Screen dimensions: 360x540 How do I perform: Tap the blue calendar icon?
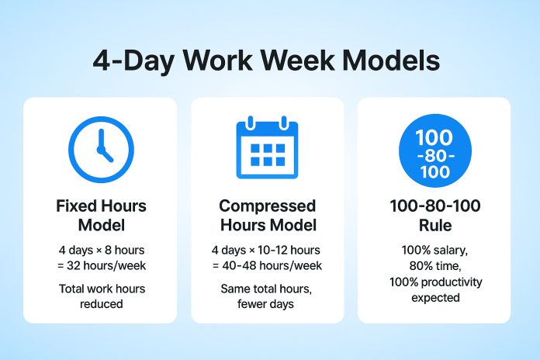pyautogui.click(x=267, y=144)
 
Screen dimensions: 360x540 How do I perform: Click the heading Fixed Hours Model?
pyautogui.click(x=100, y=216)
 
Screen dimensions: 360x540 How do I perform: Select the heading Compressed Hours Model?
pyautogui.click(x=267, y=216)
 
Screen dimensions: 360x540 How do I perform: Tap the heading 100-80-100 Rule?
pyautogui.click(x=434, y=216)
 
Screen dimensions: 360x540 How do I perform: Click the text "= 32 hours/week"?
pyautogui.click(x=100, y=266)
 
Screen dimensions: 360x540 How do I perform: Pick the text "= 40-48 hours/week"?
pyautogui.click(x=267, y=266)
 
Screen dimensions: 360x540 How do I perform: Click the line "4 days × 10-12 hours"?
pyautogui.click(x=267, y=251)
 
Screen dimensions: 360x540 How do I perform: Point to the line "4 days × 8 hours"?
pyautogui.click(x=100, y=251)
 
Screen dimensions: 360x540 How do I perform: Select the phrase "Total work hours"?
pyautogui.click(x=100, y=289)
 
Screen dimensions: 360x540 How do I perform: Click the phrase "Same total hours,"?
pyautogui.click(x=267, y=289)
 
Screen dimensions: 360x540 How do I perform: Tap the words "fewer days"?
pyautogui.click(x=267, y=304)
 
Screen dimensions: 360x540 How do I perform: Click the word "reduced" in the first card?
pyautogui.click(x=100, y=304)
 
